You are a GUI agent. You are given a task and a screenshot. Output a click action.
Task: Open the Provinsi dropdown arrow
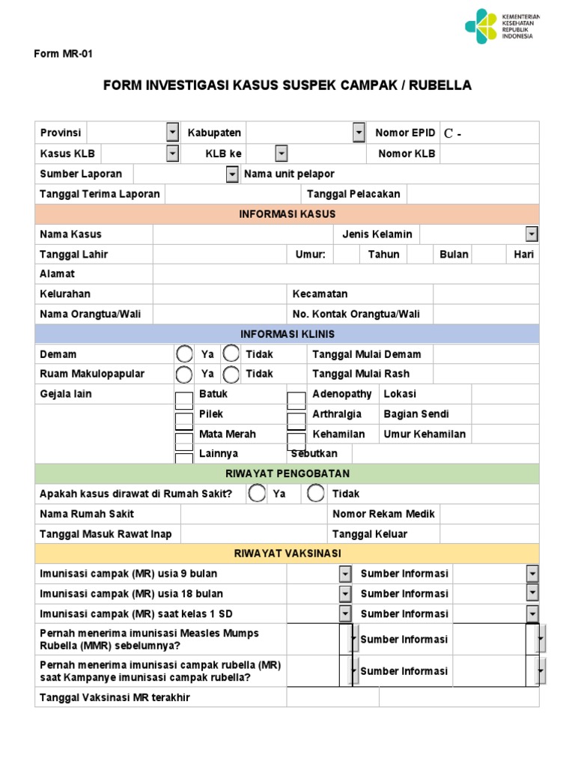[x=172, y=133]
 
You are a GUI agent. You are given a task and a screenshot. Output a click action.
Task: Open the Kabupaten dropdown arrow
[x=359, y=133]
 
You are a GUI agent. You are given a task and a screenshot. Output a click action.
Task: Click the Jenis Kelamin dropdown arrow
[x=532, y=234]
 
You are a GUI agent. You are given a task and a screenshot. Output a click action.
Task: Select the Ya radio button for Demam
[x=183, y=354]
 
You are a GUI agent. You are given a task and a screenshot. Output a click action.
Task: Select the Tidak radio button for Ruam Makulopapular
[x=231, y=374]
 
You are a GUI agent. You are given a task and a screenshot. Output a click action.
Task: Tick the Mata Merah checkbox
[x=183, y=439]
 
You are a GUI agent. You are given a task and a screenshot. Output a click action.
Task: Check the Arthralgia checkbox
[x=296, y=419]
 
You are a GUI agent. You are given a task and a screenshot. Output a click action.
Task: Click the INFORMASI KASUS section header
[x=287, y=214]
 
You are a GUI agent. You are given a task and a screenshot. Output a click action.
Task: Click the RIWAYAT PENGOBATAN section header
[x=287, y=474]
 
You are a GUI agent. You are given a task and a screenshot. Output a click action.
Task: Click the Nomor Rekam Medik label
[x=383, y=514]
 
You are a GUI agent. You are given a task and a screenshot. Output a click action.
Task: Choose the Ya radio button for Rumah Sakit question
[x=257, y=494]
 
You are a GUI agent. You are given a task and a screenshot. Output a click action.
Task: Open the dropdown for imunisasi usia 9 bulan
[x=345, y=574]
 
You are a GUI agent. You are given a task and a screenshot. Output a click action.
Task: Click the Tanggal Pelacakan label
[x=353, y=194]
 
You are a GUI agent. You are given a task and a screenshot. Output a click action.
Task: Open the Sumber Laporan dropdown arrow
[x=232, y=174]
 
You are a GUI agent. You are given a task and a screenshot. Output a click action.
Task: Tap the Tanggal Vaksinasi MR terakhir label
[x=115, y=697]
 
